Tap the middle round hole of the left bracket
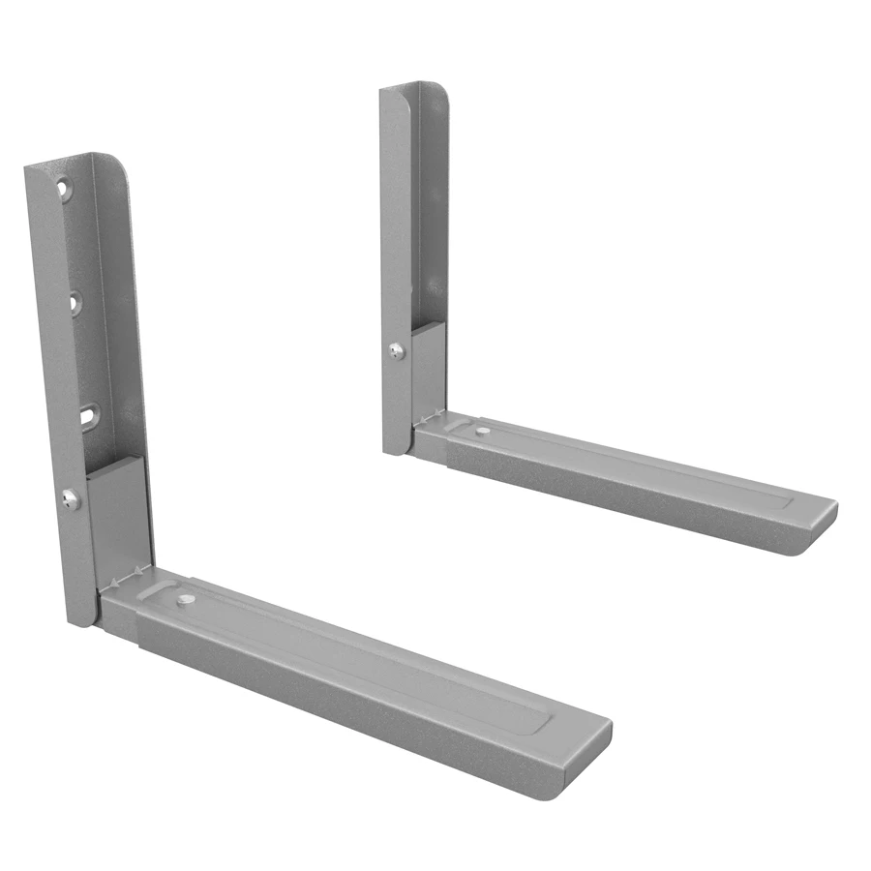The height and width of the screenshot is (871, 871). [75, 304]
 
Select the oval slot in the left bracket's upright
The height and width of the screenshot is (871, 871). [88, 414]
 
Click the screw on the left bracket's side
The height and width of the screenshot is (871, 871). [70, 499]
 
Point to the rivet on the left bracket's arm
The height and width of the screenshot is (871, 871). [183, 602]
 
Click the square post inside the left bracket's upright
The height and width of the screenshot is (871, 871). [120, 518]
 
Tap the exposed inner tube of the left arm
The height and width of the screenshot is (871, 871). [118, 619]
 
